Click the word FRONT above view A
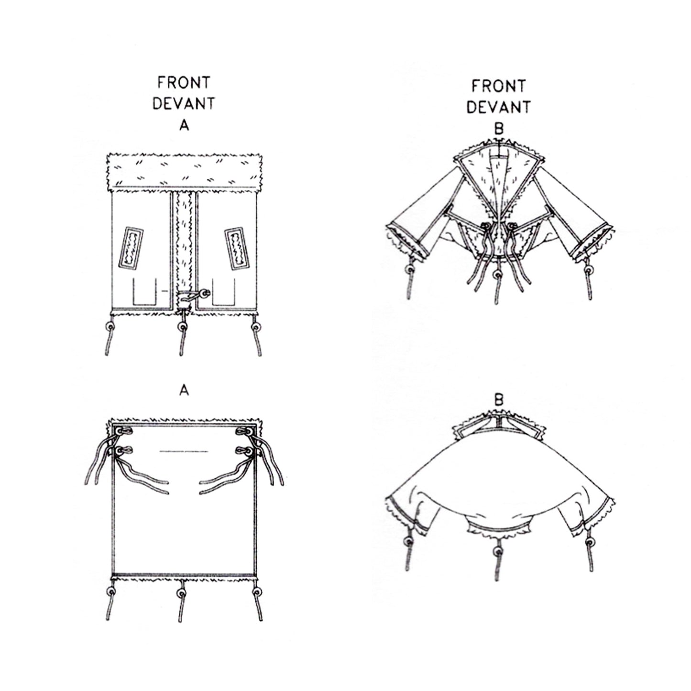coord(184,83)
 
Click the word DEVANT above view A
coord(184,103)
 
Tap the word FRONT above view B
coord(498,86)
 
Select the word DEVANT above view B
coord(498,107)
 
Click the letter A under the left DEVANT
coord(184,125)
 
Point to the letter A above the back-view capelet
coord(184,391)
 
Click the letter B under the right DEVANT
coord(498,129)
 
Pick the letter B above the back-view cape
coord(498,401)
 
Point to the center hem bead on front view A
coord(182,327)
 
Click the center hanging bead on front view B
coord(498,275)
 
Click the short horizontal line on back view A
coord(184,451)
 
